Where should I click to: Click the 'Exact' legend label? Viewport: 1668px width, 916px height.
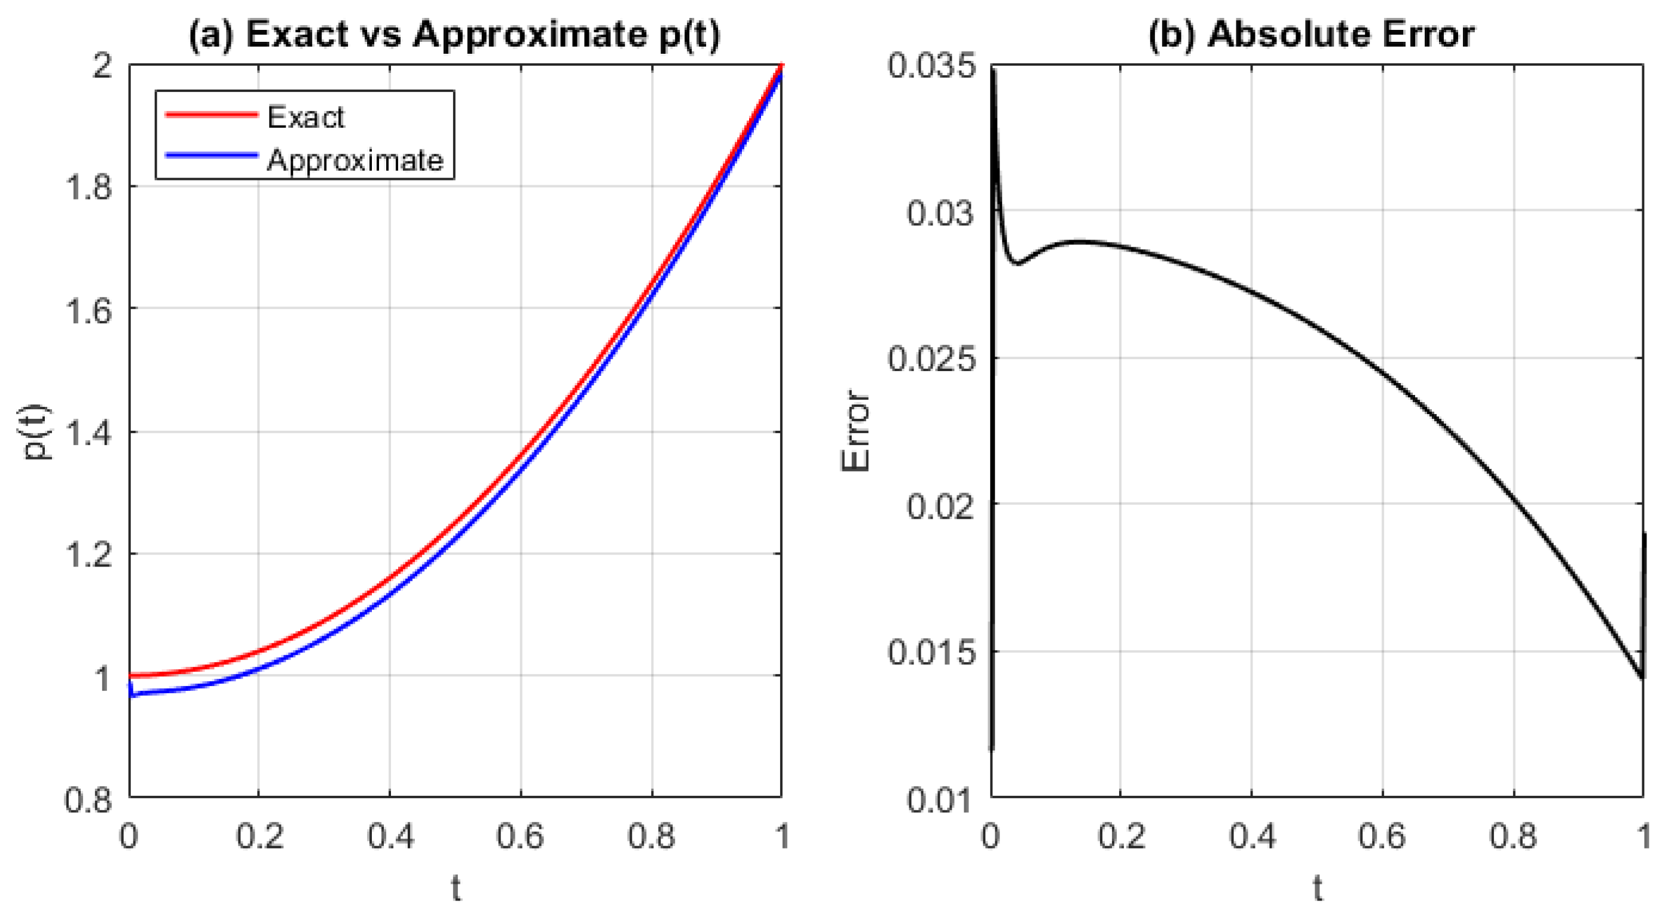305,117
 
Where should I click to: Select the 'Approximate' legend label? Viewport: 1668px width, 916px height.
355,160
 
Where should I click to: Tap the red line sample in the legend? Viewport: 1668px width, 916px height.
211,115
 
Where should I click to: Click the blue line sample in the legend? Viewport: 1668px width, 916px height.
211,155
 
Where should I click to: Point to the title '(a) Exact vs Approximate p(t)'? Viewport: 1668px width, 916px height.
454,33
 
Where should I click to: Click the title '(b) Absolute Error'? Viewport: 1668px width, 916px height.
1311,33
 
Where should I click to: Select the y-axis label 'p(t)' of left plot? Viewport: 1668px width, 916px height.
36,433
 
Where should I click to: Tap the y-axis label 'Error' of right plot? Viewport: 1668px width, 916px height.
856,431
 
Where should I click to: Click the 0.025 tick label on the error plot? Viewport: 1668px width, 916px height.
930,358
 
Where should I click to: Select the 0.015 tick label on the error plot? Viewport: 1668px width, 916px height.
930,651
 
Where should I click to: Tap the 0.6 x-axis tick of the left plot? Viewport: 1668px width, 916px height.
520,836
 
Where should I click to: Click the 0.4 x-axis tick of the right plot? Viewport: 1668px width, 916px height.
1252,836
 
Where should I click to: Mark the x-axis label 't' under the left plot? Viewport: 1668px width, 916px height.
456,887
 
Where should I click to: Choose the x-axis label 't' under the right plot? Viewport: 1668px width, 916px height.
1318,887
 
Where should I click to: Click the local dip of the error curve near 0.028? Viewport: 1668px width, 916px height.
1018,264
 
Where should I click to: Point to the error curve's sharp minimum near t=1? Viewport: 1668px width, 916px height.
1642,677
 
